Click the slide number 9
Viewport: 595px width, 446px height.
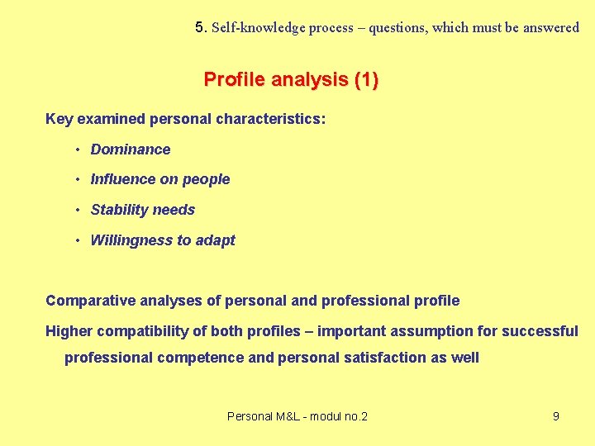555,416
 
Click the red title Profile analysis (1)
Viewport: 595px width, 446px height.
291,80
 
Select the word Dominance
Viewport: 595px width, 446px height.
131,149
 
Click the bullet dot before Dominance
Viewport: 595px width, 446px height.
76,149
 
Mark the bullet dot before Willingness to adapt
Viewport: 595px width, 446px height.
76,240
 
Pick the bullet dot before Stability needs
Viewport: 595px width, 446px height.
76,210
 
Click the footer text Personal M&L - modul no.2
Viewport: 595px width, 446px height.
297,416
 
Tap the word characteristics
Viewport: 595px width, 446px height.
265,119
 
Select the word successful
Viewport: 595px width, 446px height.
538,331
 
